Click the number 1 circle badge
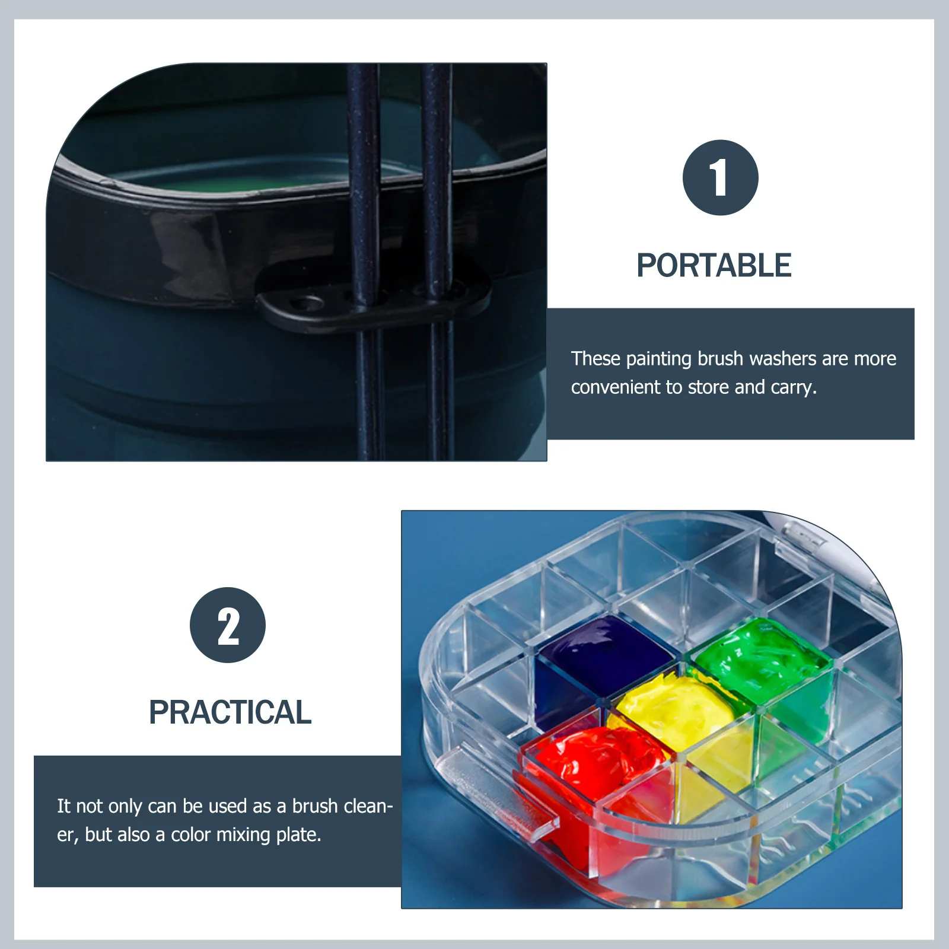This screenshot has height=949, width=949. click(x=720, y=178)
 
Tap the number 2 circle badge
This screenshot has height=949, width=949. click(x=228, y=625)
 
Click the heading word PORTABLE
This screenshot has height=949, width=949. click(x=714, y=265)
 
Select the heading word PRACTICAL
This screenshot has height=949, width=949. click(x=230, y=712)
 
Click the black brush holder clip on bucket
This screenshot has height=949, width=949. click(x=374, y=305)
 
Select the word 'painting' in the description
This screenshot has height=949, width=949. click(x=658, y=359)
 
